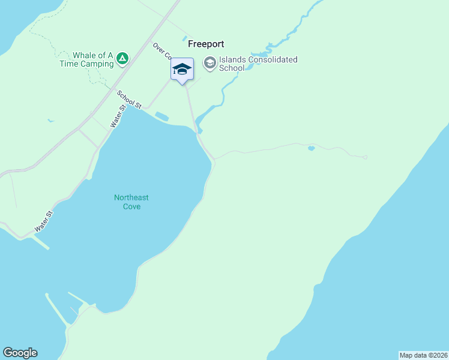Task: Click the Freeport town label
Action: (206, 44)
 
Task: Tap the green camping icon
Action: (122, 58)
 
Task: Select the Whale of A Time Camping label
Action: (86, 59)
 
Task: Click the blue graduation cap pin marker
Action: (182, 70)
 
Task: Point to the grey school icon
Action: (209, 63)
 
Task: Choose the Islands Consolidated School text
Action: (258, 64)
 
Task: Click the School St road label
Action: (129, 100)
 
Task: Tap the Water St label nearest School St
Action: (118, 116)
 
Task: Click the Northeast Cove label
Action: (131, 202)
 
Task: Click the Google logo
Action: (20, 353)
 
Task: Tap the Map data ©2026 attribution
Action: (423, 355)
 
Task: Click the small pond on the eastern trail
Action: (311, 148)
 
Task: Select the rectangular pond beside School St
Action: (161, 115)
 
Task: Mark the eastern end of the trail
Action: (365, 157)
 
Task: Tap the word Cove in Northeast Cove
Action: (131, 206)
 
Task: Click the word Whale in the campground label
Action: (85, 55)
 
